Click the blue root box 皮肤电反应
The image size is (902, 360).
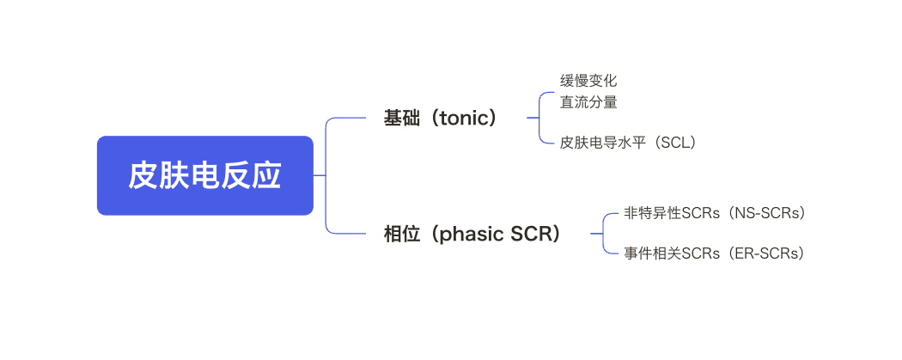click(204, 175)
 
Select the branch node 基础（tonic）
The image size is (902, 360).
click(441, 119)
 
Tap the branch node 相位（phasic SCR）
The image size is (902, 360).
click(472, 234)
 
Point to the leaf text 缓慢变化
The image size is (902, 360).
click(588, 81)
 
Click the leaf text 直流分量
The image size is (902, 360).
click(588, 101)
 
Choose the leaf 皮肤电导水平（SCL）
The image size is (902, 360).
click(628, 143)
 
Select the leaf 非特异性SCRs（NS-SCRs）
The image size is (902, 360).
click(715, 213)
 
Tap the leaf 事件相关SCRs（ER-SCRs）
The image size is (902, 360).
click(715, 253)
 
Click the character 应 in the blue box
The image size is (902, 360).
click(268, 175)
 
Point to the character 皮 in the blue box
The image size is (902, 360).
click(142, 175)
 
